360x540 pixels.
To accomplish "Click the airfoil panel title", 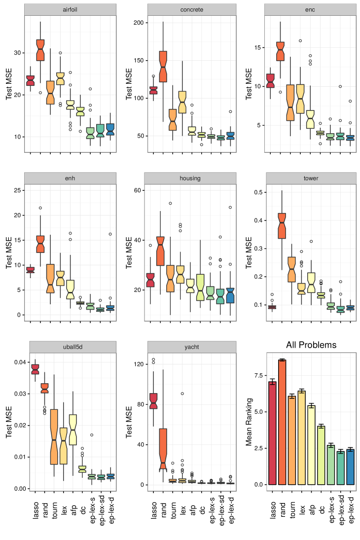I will point(70,10).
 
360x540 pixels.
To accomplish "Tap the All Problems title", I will point(311,345).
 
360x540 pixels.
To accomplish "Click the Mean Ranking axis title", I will point(249,422).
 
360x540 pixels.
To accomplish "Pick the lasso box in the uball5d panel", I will point(35,369).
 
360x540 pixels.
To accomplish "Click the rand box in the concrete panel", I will point(163,67).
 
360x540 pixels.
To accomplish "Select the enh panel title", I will point(70,178).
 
